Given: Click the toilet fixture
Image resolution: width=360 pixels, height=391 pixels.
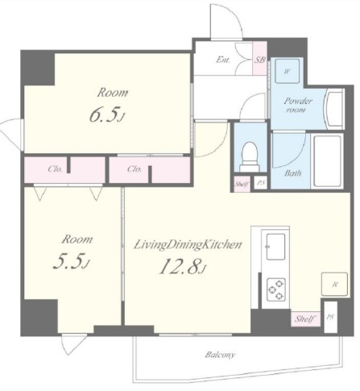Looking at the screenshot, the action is [250, 157].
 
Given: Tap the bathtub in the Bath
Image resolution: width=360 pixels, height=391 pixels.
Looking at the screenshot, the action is [328, 161].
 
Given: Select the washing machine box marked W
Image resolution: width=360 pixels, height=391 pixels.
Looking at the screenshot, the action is [288, 71].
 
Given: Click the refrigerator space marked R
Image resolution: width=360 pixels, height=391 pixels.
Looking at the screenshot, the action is [334, 285].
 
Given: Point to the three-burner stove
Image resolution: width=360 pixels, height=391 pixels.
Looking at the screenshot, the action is [275, 289].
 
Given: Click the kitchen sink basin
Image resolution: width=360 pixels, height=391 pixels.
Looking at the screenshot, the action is [275, 247].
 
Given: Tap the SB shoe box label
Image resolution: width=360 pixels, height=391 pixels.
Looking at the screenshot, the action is [259, 60].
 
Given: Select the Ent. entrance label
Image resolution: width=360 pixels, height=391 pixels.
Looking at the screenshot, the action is [223, 60].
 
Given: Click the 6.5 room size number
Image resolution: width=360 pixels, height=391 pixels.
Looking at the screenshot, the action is [104, 116].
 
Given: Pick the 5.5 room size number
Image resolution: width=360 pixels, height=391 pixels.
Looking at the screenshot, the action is [68, 262].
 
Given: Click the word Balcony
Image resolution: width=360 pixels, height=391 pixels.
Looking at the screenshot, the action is [220, 355].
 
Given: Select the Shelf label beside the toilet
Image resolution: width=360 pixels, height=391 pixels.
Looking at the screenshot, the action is [242, 184].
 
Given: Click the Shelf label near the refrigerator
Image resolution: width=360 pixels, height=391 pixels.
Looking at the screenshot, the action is [304, 319].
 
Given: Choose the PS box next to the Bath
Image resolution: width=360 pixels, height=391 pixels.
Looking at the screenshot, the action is [261, 183].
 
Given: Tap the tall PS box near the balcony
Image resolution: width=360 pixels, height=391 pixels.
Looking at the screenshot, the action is [330, 317].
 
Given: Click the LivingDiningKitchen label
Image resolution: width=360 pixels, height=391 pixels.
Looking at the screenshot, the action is [188, 245].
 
